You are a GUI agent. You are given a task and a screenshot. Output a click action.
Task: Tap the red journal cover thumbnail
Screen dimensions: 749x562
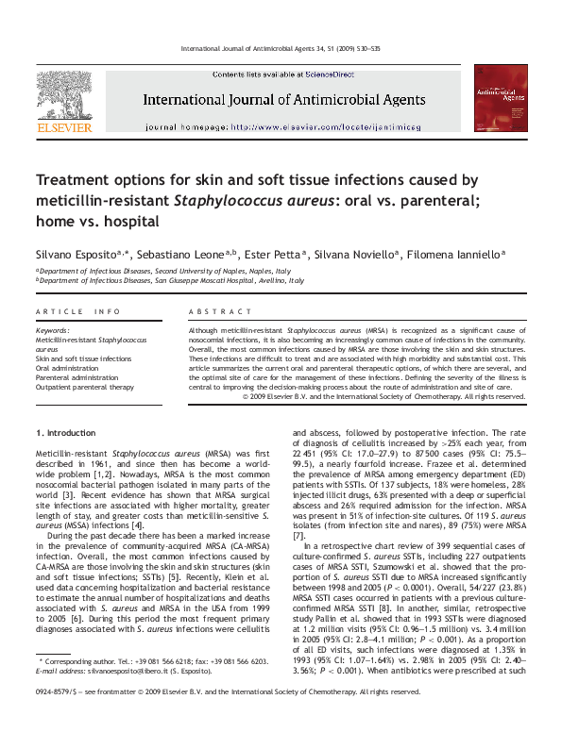501,97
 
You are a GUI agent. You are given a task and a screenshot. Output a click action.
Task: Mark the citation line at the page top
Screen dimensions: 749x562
281,49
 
